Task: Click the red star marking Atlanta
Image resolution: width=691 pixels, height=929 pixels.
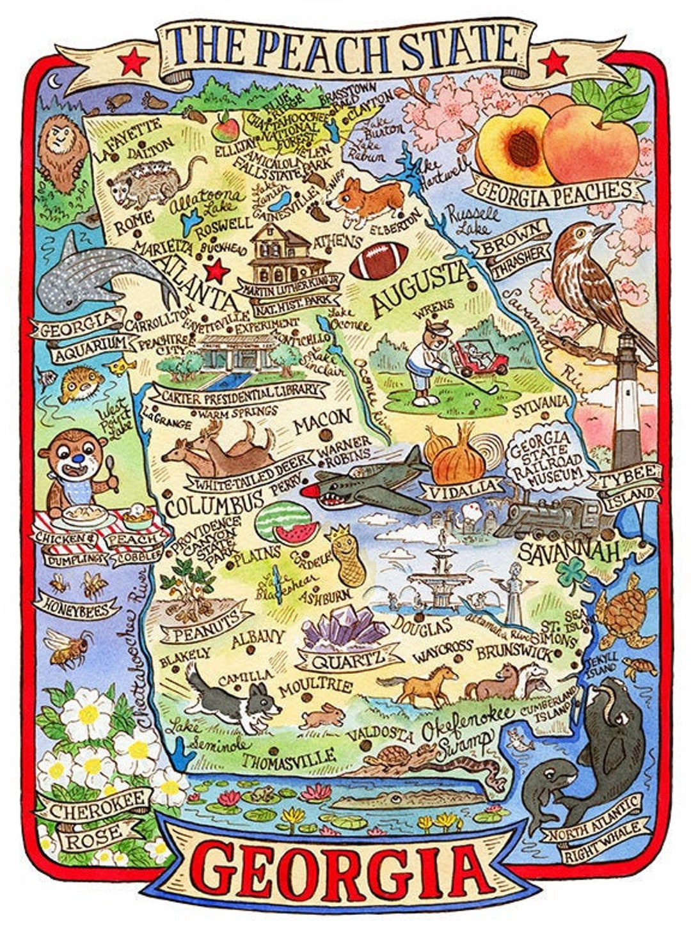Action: (217, 270)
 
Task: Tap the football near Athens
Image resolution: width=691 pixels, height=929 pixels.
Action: (379, 260)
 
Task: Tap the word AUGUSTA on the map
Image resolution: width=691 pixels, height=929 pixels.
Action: (420, 289)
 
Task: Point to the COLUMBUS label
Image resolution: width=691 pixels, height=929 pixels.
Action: (205, 503)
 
